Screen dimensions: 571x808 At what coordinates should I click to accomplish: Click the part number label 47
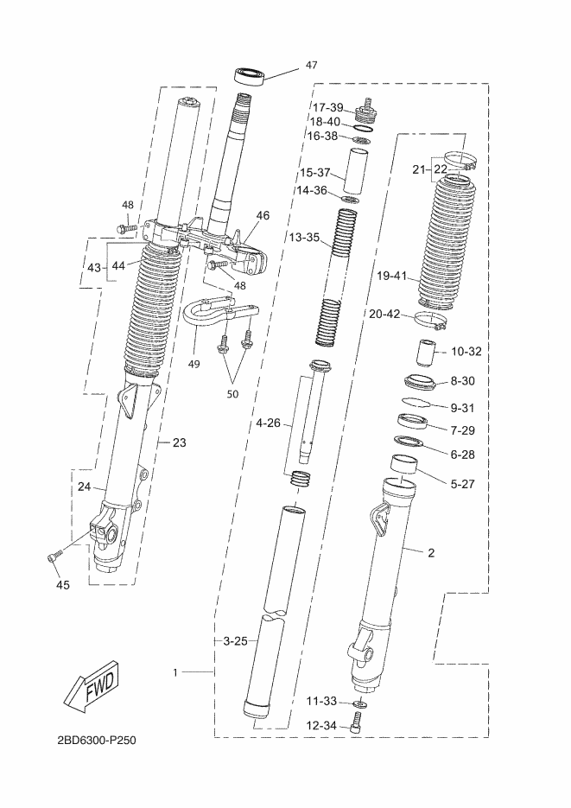[312, 65]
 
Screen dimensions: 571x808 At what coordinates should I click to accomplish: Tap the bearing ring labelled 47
[251, 76]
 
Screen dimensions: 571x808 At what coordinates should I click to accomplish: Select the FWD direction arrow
[91, 687]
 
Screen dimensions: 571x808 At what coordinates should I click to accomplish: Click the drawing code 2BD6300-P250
[97, 741]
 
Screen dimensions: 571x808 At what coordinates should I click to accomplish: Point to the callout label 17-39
[328, 107]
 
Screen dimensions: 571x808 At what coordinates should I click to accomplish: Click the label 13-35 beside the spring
[304, 238]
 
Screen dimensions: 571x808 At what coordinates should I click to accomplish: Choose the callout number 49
[194, 365]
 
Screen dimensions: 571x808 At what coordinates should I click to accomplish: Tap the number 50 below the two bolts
[232, 394]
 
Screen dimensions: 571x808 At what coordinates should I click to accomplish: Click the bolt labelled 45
[55, 557]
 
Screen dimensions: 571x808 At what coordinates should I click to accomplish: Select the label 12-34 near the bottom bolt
[321, 726]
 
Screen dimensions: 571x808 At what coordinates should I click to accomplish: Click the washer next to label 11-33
[360, 703]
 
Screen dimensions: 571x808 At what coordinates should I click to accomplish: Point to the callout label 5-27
[462, 484]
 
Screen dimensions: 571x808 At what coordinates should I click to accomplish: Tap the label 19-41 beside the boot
[392, 277]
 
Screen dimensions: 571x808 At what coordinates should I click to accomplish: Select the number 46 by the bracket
[263, 215]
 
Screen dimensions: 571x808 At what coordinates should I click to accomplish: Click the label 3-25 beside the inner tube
[235, 641]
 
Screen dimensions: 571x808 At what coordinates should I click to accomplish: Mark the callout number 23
[179, 442]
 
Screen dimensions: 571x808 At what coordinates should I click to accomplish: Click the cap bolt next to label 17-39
[367, 111]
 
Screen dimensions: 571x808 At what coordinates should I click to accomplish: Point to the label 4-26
[269, 423]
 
